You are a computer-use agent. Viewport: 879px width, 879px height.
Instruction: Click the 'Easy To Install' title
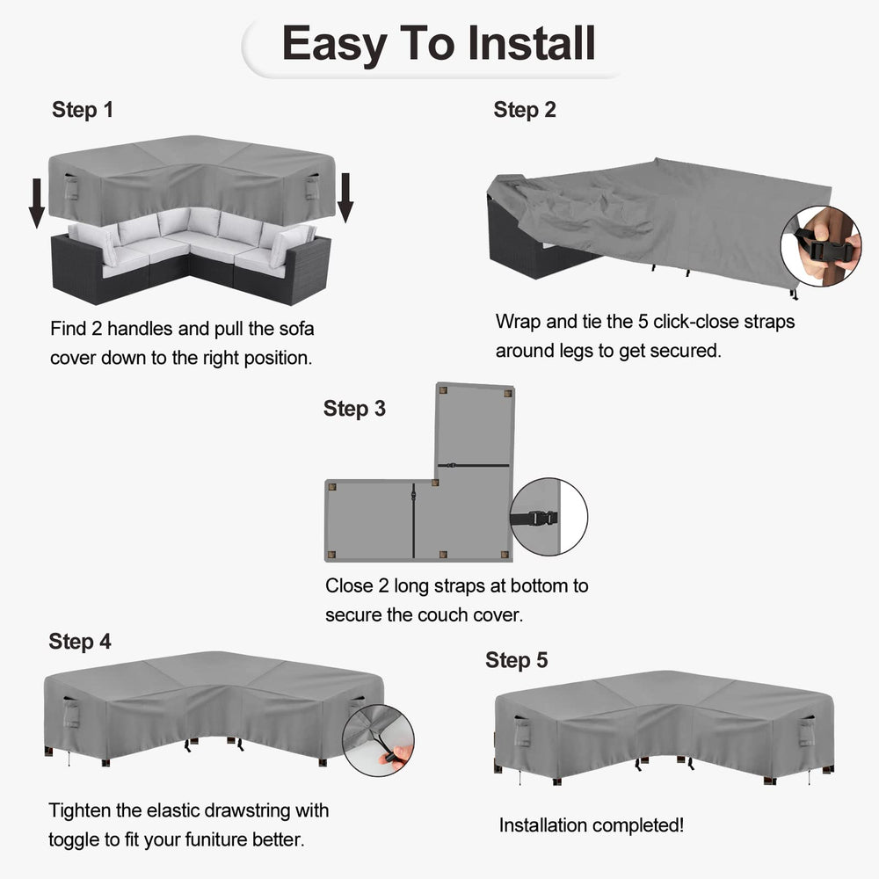[439, 44]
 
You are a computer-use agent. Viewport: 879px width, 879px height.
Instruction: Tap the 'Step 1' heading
[83, 110]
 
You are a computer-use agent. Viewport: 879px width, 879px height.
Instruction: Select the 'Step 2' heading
[525, 110]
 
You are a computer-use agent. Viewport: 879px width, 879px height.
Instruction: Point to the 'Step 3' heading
[354, 409]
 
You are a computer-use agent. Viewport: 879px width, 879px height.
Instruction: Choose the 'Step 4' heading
[80, 642]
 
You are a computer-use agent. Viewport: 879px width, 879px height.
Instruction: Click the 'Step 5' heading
[516, 660]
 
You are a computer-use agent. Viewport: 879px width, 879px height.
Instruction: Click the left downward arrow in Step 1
[37, 203]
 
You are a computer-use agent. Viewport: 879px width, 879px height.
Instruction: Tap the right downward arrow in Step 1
[345, 197]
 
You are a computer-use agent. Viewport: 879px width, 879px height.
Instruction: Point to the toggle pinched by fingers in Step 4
[389, 759]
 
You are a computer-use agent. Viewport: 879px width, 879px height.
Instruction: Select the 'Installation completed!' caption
[592, 825]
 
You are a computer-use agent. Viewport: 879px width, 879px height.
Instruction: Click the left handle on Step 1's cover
[71, 187]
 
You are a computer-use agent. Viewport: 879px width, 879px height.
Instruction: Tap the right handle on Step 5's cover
[806, 731]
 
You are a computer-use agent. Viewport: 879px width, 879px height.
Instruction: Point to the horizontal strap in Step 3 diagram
[474, 465]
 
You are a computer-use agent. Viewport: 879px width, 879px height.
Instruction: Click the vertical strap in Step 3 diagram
[413, 520]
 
